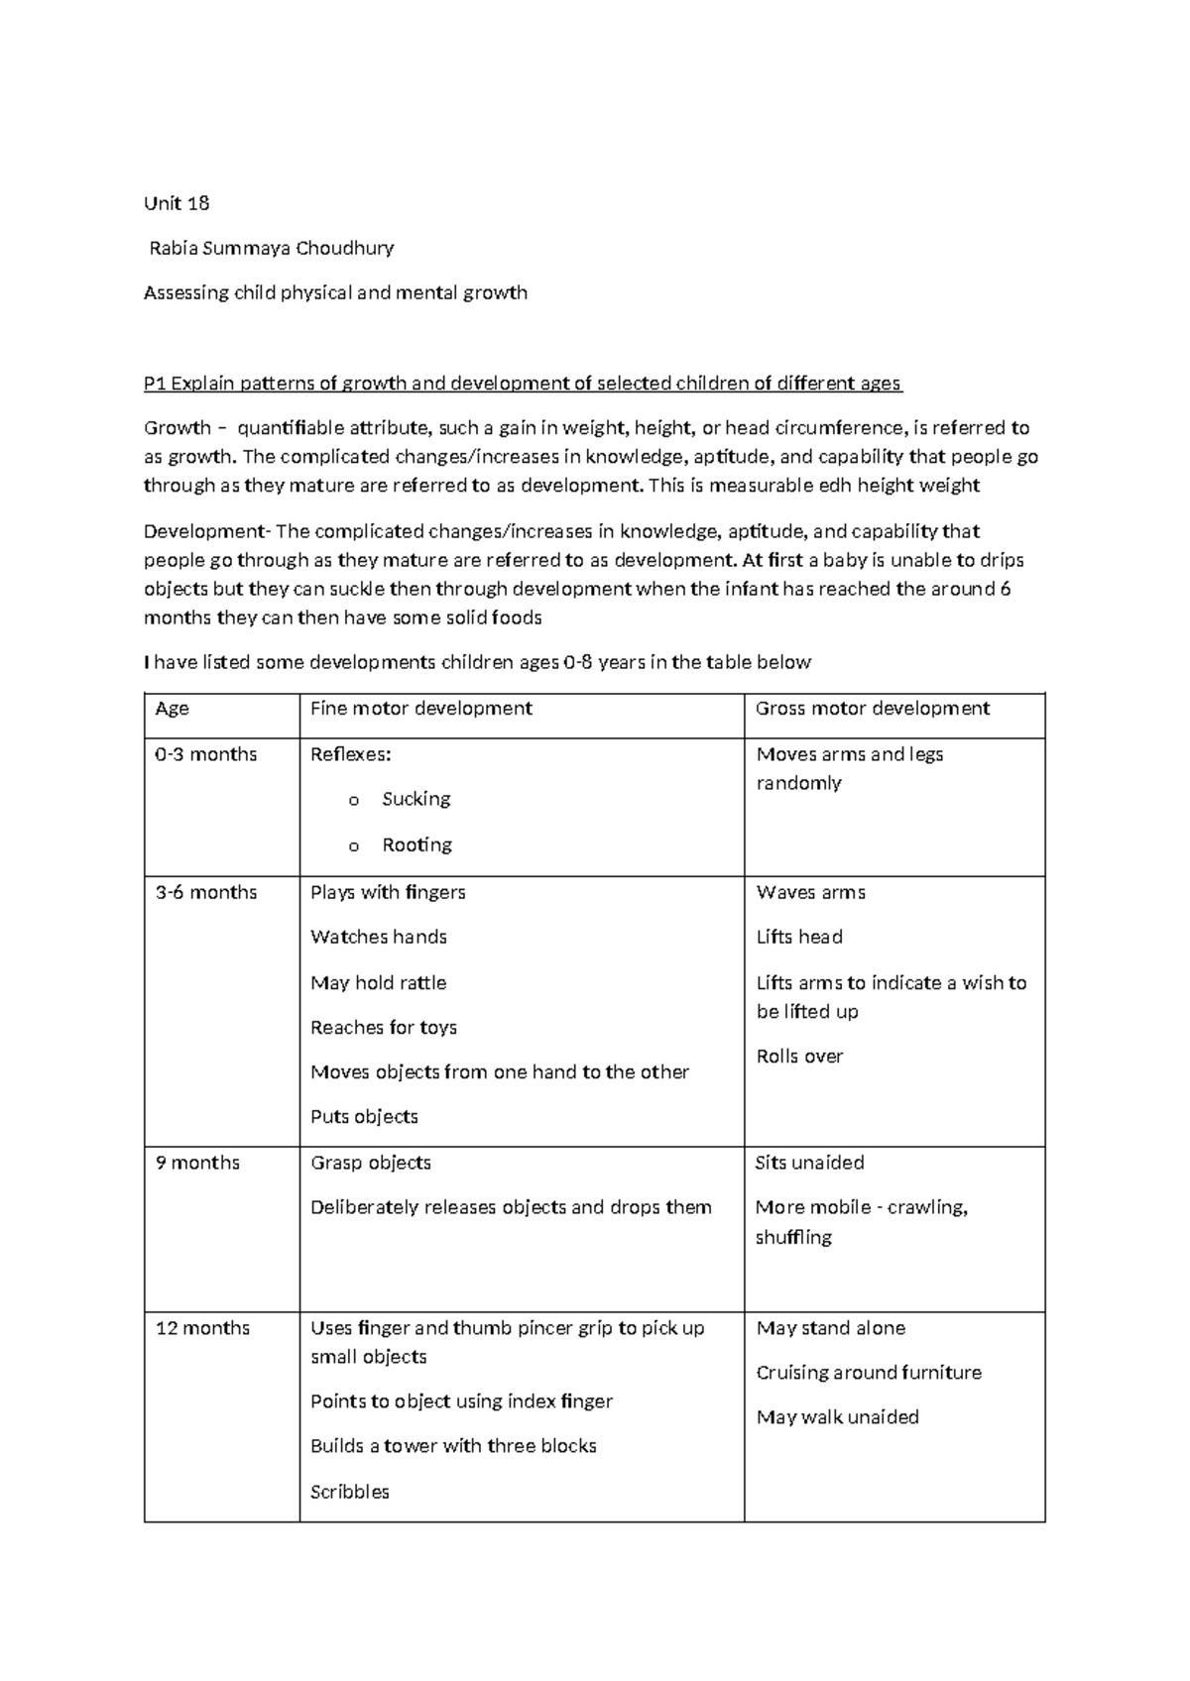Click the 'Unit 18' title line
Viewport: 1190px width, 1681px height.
click(177, 203)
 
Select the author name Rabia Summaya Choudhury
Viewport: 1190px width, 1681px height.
click(272, 248)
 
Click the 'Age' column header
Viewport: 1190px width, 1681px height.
click(173, 709)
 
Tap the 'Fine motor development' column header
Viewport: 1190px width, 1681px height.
click(421, 709)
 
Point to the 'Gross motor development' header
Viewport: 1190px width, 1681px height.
click(873, 709)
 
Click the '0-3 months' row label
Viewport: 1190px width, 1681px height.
click(206, 754)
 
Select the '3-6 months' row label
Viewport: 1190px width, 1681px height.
click(206, 892)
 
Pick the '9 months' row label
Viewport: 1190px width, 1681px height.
click(197, 1163)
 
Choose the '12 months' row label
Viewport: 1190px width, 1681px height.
click(202, 1328)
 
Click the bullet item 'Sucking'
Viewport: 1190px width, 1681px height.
click(416, 799)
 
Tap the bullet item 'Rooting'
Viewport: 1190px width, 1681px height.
click(416, 844)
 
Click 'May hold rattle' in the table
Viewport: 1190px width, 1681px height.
click(379, 982)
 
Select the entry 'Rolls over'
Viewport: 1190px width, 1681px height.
click(799, 1057)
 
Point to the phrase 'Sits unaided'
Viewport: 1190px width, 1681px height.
click(809, 1163)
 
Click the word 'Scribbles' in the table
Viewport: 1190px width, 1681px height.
click(350, 1492)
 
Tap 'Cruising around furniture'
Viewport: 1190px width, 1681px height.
click(869, 1373)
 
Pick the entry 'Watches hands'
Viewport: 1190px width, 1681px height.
click(379, 937)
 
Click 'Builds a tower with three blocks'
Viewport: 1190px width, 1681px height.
click(453, 1446)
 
